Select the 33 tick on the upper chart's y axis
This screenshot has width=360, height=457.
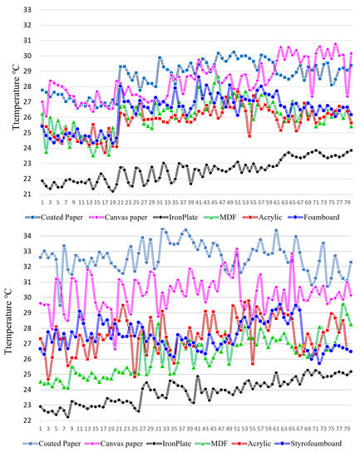27,10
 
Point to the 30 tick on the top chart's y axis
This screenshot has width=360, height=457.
27,57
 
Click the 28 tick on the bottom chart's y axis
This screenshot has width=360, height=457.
27,328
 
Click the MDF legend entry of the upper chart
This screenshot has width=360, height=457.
218,216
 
